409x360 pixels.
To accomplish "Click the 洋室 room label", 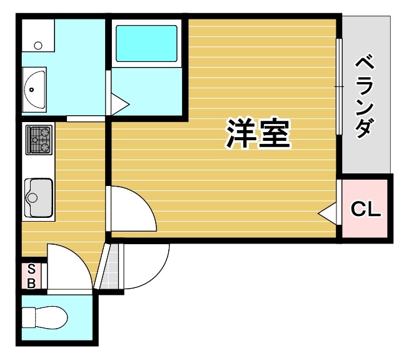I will click(x=258, y=133).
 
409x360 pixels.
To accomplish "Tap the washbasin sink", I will click(x=34, y=90).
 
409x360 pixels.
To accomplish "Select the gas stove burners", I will click(x=39, y=140).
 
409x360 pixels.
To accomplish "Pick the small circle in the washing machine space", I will click(x=38, y=45).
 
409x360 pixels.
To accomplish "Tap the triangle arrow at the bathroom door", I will click(x=119, y=103).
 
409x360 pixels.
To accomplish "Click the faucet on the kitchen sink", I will click(x=29, y=198).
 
